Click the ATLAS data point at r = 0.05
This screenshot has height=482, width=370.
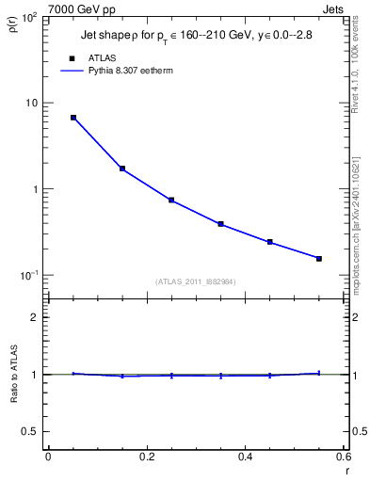click(x=73, y=118)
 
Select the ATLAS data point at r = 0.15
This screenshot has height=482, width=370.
click(x=122, y=169)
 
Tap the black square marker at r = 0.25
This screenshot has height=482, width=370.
click(x=171, y=200)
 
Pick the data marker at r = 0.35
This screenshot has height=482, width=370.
click(x=220, y=224)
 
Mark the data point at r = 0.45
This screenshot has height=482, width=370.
click(x=270, y=242)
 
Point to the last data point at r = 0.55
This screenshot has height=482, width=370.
click(x=319, y=258)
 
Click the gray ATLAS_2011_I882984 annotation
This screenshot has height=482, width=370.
click(x=196, y=281)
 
